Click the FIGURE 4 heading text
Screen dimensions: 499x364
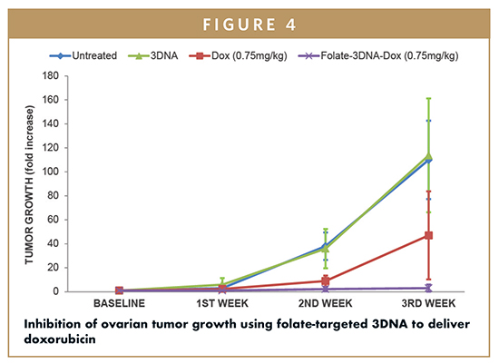(249, 25)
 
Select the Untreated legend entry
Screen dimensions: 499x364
(83, 55)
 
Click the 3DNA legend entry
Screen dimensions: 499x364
(153, 55)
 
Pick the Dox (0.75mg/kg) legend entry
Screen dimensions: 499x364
(238, 55)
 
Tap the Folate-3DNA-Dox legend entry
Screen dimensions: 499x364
(378, 55)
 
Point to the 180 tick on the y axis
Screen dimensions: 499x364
(51, 75)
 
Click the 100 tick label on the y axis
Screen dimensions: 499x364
(51, 172)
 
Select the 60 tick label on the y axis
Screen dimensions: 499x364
(54, 220)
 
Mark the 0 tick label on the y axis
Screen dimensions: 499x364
(56, 291)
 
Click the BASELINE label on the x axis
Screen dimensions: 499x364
(120, 303)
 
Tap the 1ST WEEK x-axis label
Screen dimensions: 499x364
(222, 303)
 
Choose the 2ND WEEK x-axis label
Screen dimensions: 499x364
(325, 303)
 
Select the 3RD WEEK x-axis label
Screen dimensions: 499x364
(428, 303)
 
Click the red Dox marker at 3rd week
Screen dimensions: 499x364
(428, 235)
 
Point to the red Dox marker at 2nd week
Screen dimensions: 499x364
(325, 280)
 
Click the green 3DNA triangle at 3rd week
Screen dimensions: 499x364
(428, 156)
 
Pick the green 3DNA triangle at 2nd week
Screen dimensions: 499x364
(325, 249)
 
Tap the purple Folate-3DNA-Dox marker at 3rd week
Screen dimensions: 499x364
(428, 289)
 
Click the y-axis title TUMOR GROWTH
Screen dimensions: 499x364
(29, 184)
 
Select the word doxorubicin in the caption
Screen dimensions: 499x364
(60, 339)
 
